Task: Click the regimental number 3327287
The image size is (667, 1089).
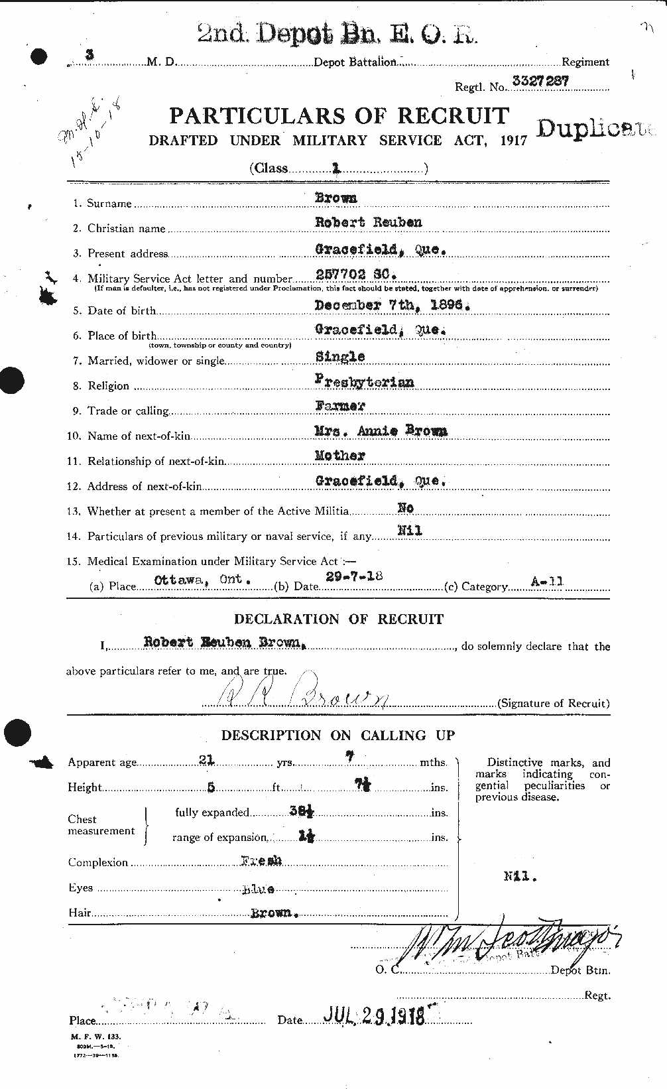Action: coord(540,82)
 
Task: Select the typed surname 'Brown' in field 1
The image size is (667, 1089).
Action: coord(335,198)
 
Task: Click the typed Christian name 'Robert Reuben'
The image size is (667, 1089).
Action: coord(368,222)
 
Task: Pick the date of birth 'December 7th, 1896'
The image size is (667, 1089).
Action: coord(392,305)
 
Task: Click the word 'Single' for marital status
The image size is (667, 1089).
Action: coord(339,357)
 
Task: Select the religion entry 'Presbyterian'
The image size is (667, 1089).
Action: coord(364,381)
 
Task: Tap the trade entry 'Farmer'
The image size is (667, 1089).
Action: coord(339,406)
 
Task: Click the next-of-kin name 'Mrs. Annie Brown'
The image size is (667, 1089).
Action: coord(381,431)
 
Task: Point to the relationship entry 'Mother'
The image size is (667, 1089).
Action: coord(339,456)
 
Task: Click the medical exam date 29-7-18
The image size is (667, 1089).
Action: coord(353,576)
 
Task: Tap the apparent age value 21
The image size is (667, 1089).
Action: coord(206,760)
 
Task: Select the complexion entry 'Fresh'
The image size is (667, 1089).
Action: coord(261,861)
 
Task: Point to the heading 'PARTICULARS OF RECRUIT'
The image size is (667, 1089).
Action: coord(339,116)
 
